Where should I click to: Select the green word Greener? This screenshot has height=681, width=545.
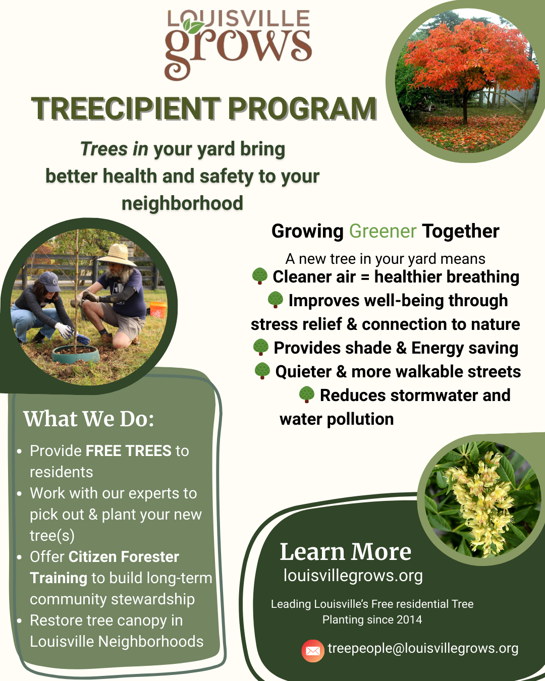(x=383, y=231)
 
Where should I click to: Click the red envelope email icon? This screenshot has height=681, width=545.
(x=313, y=651)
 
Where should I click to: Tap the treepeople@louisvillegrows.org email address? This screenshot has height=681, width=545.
(x=423, y=648)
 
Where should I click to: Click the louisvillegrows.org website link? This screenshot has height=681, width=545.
(x=353, y=576)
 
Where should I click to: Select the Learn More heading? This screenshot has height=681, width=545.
(x=345, y=552)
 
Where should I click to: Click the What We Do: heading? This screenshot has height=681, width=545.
(x=89, y=419)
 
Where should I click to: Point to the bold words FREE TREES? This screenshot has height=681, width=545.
(x=129, y=450)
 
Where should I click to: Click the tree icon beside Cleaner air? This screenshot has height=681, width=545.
(x=260, y=276)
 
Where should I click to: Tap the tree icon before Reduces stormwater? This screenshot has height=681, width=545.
(x=307, y=394)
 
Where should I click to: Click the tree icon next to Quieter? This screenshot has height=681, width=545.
(x=262, y=371)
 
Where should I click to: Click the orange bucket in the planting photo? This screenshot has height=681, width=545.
(x=158, y=310)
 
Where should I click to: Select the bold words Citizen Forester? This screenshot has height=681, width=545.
(x=124, y=556)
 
